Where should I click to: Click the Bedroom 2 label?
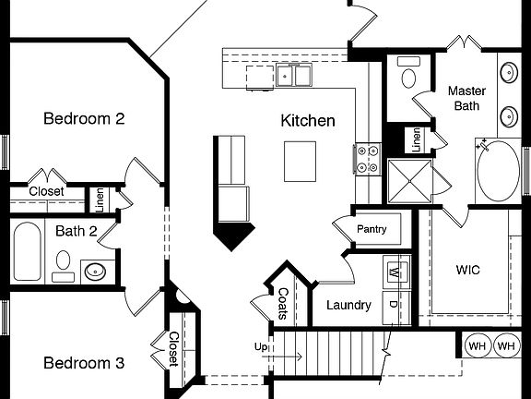[84, 118]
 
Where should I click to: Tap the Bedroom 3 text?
[84, 363]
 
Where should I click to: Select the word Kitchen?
[308, 121]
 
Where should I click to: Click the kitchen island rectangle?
[300, 162]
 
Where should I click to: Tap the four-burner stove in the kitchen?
[368, 159]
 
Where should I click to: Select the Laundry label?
[348, 305]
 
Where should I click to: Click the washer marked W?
[395, 272]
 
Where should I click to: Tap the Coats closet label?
[283, 302]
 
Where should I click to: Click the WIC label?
[468, 272]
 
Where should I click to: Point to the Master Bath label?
[466, 99]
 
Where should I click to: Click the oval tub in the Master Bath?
[498, 171]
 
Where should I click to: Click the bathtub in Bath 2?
[27, 251]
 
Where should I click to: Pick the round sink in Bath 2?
[94, 271]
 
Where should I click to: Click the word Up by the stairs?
[262, 346]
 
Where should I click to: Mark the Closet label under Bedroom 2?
[46, 191]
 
